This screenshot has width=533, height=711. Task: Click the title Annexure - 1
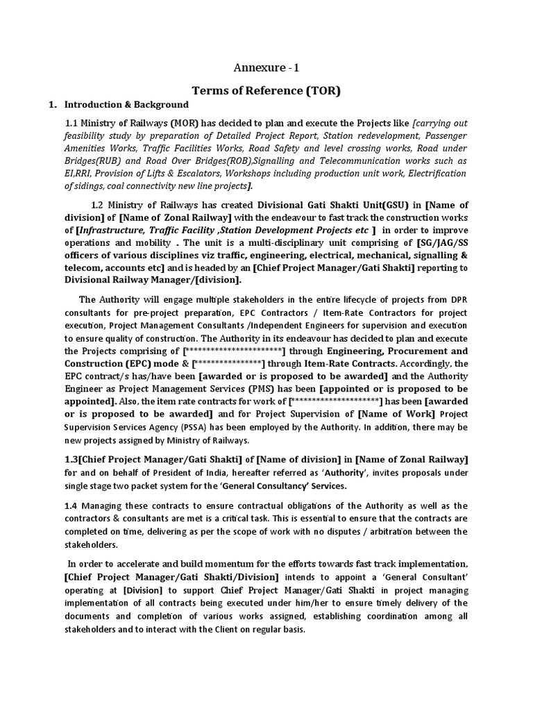click(266, 68)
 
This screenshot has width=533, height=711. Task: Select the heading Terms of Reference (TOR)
click(266, 90)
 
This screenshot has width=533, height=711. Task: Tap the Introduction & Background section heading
click(126, 105)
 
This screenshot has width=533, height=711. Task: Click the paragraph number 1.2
click(101, 205)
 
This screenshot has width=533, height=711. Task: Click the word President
click(160, 473)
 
